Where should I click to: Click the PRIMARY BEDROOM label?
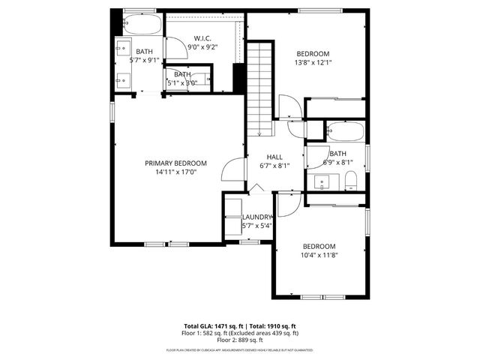[175, 163]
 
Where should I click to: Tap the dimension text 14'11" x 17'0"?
[175, 171]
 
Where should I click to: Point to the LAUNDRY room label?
[257, 217]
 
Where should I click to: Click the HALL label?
[274, 157]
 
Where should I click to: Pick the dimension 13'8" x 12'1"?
[313, 62]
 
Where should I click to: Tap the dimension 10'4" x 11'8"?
[319, 255]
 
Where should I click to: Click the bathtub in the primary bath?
[140, 26]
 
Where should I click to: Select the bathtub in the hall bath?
[345, 133]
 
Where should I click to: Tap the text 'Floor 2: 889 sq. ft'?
[239, 339]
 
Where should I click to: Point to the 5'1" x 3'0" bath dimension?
[182, 82]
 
